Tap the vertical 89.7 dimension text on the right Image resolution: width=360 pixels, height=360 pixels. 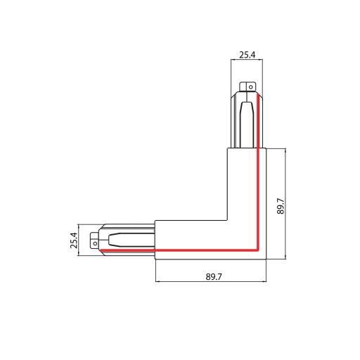pyautogui.click(x=281, y=204)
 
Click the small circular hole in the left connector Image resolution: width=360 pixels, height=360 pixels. pyautogui.click(x=94, y=243)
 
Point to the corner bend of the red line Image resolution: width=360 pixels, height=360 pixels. pyautogui.click(x=259, y=250)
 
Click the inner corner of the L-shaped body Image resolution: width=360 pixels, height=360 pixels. pyautogui.click(x=227, y=219)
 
